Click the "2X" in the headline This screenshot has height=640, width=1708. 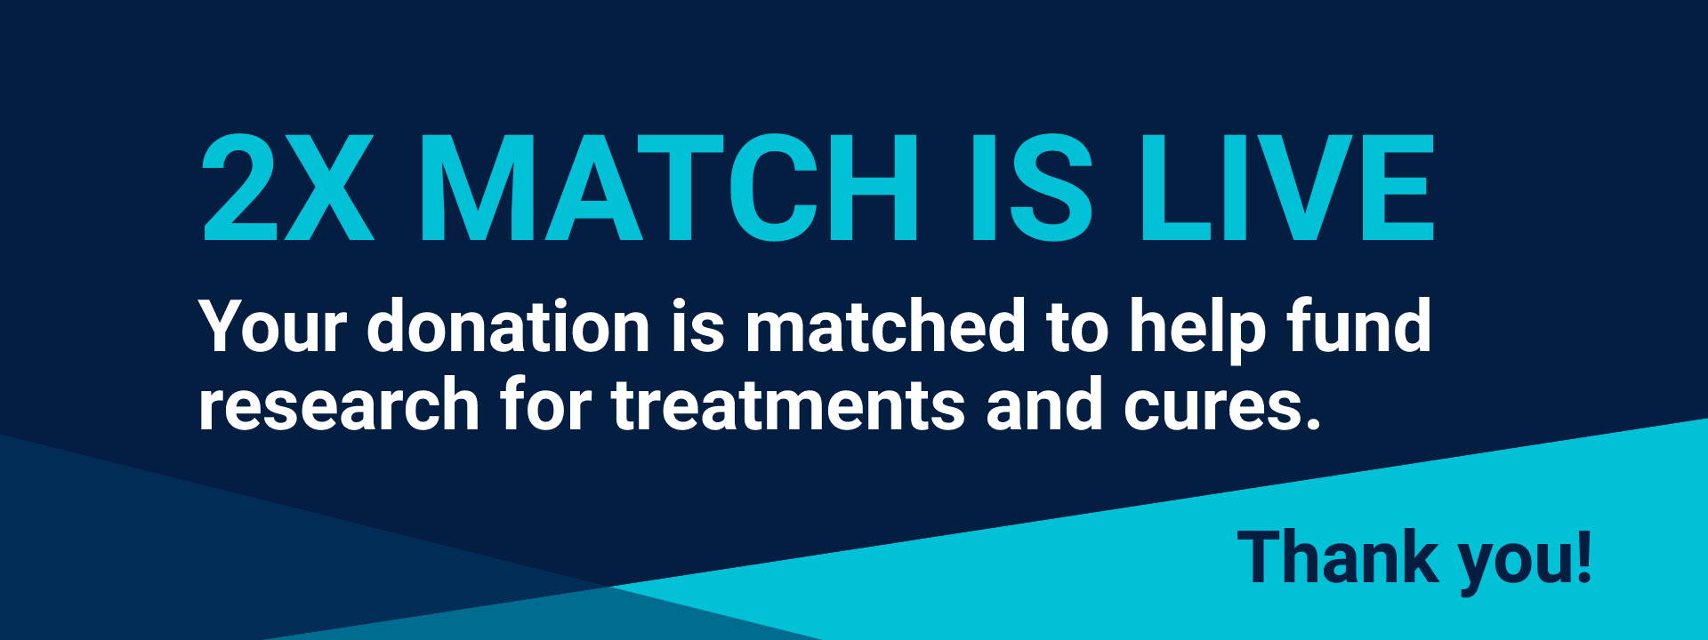[286, 188]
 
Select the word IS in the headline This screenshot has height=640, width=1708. [1031, 188]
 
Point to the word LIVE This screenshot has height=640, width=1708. [1286, 188]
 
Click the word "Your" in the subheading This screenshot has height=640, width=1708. [272, 326]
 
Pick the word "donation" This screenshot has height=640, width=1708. [508, 326]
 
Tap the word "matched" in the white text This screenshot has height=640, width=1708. [886, 326]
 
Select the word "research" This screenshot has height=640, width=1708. [339, 404]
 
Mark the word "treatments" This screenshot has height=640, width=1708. [788, 404]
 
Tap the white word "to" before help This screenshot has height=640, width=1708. [1077, 326]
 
